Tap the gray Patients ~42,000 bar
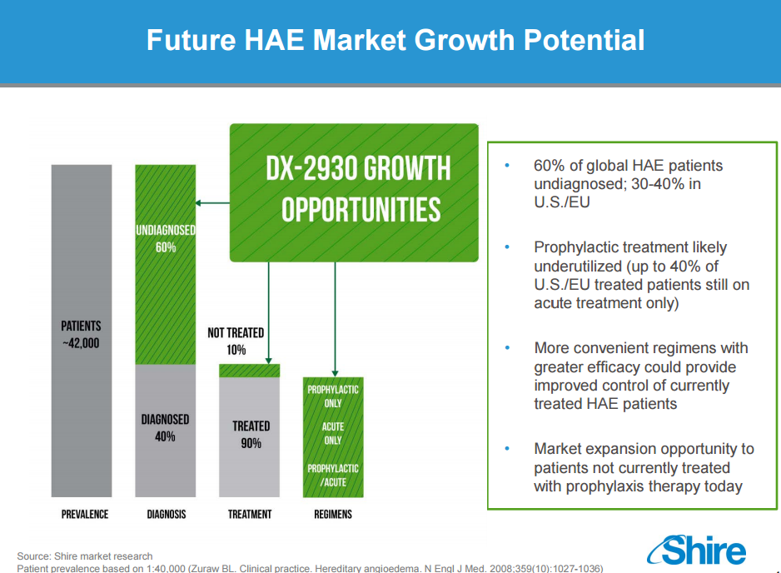82,331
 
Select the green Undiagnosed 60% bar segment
166,265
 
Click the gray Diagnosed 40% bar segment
166,431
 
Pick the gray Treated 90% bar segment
250,437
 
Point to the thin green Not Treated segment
250,371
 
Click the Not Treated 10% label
236,341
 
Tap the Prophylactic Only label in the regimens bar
333,396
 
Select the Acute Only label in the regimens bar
333,433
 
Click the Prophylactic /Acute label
333,476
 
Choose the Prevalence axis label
85,514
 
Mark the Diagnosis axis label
167,514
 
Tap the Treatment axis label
250,514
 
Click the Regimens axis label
333,514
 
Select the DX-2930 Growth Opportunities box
354,193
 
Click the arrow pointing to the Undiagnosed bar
212,202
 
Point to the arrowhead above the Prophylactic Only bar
336,374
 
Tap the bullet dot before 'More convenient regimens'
507,348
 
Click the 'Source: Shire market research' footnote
85,556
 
